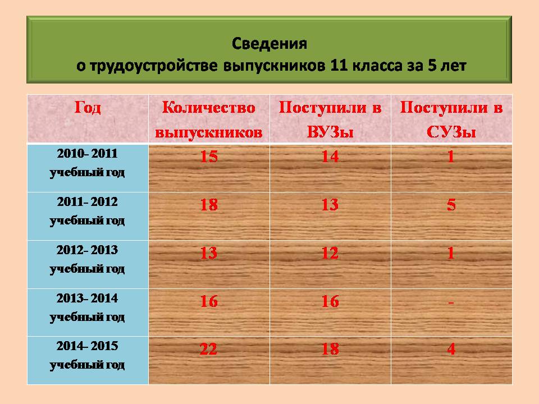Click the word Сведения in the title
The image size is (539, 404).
(x=269, y=44)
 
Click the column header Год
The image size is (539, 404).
(x=88, y=108)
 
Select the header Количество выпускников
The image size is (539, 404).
(x=209, y=120)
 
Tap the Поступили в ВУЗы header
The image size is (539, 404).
(x=330, y=120)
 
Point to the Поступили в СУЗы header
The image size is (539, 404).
(x=451, y=120)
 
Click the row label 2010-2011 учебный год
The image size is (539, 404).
(x=88, y=163)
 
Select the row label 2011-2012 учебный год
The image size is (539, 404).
(x=88, y=211)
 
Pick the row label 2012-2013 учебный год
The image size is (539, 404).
(x=88, y=259)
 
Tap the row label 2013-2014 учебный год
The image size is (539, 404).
(x=88, y=307)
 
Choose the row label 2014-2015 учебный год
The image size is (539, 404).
(x=88, y=355)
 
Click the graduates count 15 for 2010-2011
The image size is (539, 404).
(x=209, y=157)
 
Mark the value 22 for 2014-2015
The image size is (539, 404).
(x=208, y=350)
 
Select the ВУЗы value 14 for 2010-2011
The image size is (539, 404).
(x=330, y=157)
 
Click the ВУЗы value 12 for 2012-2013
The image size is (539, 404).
(x=330, y=253)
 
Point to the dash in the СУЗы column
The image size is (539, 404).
(x=451, y=302)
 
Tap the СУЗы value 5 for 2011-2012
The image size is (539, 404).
(x=451, y=205)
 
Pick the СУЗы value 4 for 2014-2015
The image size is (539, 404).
(x=451, y=350)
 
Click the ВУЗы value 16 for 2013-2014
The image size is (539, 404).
(x=330, y=301)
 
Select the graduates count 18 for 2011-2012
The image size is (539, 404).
(x=209, y=205)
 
